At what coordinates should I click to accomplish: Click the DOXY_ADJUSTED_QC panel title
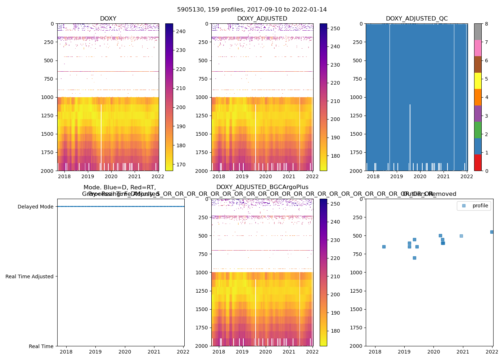coord(417,19)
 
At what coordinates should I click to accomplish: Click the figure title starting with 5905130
coord(252,10)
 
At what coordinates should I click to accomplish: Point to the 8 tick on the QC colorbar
coord(486,24)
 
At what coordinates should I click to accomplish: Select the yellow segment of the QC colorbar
coord(478,81)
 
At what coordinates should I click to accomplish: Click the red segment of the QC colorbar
coord(478,162)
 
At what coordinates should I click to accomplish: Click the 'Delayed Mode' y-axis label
coord(35,207)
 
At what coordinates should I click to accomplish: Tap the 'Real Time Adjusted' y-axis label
coord(29,276)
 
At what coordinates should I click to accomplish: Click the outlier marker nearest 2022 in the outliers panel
coord(492,232)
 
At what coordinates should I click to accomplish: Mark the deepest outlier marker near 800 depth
coord(414,258)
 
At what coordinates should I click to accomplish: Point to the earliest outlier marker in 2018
coord(384,247)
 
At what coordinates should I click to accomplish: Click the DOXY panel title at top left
coord(108,19)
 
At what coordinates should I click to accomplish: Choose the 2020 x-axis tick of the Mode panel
coord(125,352)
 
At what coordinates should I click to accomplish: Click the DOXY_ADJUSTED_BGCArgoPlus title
coord(262,187)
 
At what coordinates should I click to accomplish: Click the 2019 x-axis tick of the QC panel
coord(396,176)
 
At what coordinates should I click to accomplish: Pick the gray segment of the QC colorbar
coord(478,32)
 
